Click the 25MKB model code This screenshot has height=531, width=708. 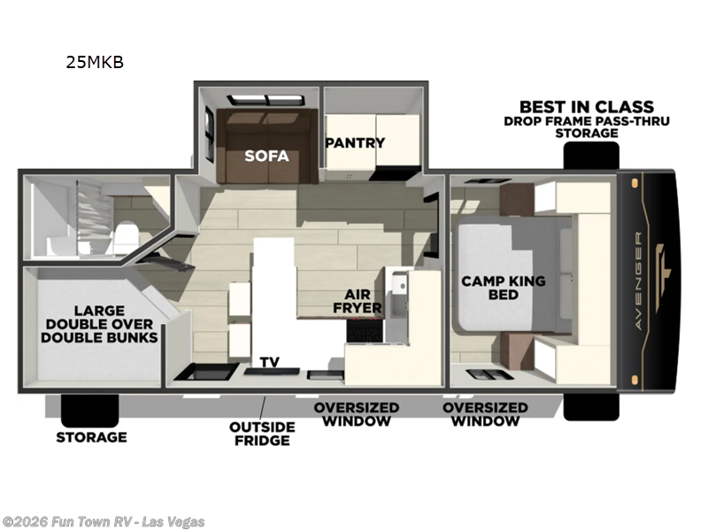(95, 62)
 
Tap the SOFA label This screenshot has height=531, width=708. (266, 156)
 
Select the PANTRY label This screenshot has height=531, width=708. (355, 142)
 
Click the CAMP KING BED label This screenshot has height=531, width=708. (503, 288)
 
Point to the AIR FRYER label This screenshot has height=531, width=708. (358, 301)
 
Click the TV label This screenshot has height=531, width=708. (270, 362)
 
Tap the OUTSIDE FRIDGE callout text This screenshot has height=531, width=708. (262, 434)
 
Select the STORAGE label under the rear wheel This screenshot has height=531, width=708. (91, 437)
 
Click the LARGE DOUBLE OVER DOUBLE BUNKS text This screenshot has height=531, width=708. (99, 324)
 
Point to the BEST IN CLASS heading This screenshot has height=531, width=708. (587, 107)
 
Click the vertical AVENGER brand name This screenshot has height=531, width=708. (638, 281)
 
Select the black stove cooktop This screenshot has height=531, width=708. (366, 330)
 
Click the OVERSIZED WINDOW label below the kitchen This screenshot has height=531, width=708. (357, 414)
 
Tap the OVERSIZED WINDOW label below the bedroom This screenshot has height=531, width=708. (485, 414)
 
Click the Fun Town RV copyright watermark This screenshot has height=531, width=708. (103, 522)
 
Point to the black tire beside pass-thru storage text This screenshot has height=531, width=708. (591, 156)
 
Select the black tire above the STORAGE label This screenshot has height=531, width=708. (90, 410)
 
